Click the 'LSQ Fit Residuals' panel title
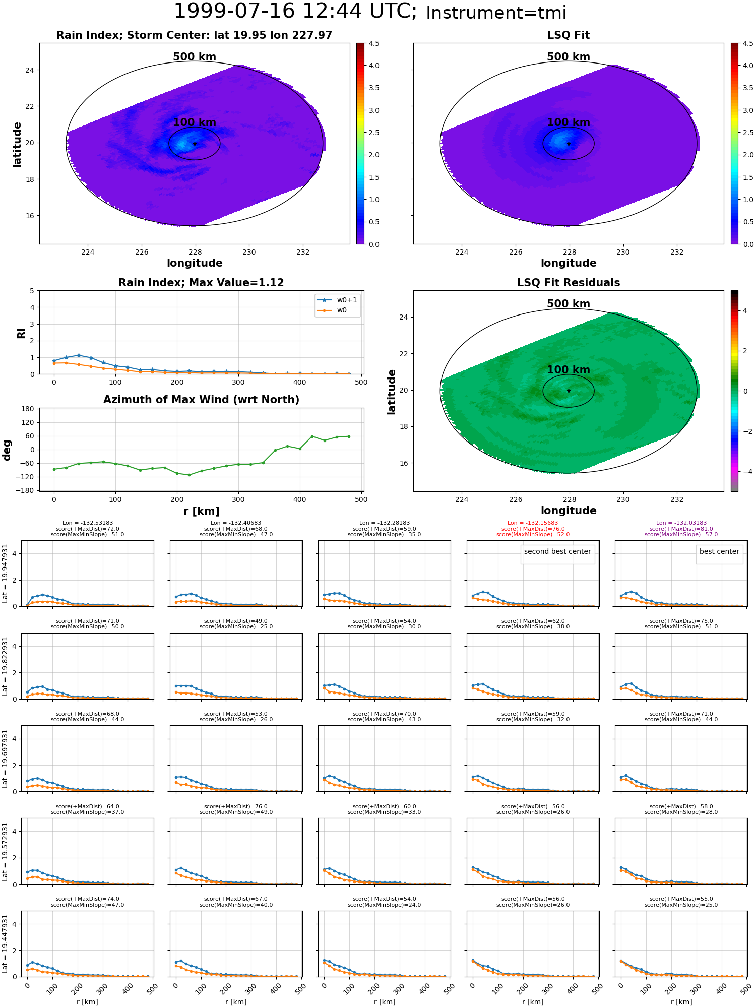click(569, 283)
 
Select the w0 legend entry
click(342, 310)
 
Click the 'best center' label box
click(719, 552)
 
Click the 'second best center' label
click(557, 552)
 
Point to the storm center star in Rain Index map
click(195, 144)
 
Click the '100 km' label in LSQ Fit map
click(569, 122)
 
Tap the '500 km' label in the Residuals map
click(569, 304)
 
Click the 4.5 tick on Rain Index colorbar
click(374, 44)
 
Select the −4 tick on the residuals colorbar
click(745, 472)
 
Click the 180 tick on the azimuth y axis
click(28, 409)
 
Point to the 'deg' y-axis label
click(7, 450)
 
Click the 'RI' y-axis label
click(22, 333)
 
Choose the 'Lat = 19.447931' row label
click(5, 943)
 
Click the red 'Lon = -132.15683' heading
click(533, 523)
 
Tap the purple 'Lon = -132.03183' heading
click(681, 523)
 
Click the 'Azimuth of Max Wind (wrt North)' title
click(201, 400)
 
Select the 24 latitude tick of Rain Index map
click(30, 70)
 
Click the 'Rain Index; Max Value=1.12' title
click(201, 283)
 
